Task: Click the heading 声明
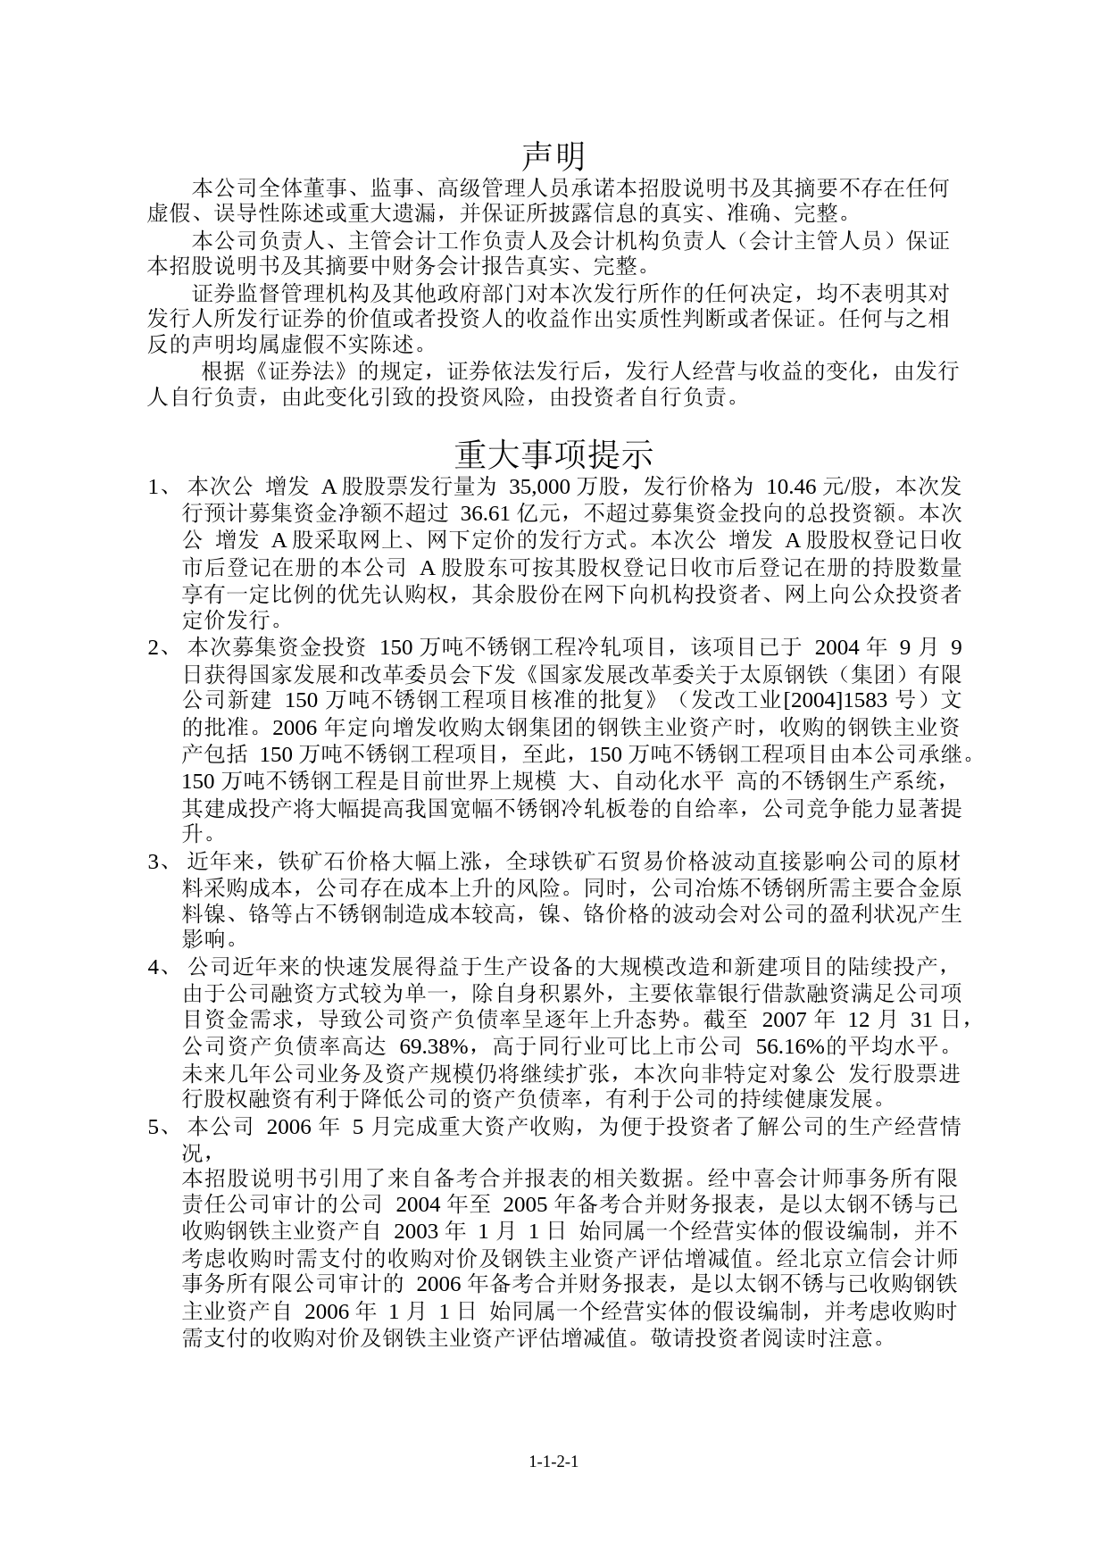pos(553,155)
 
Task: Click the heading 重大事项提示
pos(553,454)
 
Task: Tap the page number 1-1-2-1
pos(553,1462)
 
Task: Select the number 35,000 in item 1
pos(539,487)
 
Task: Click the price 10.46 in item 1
pos(792,487)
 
